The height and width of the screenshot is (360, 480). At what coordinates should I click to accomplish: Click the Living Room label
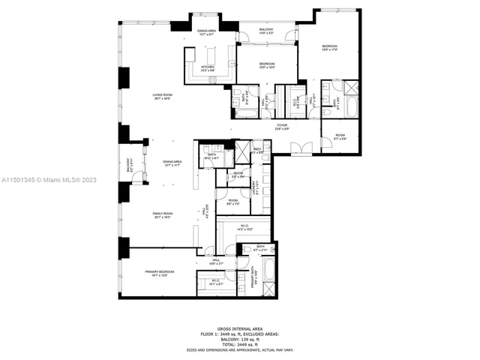tap(163, 96)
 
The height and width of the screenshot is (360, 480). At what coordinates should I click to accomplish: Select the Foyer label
tap(281, 127)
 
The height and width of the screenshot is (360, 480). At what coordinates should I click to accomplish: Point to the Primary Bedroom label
tap(160, 272)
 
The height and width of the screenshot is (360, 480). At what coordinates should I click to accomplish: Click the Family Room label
tap(163, 215)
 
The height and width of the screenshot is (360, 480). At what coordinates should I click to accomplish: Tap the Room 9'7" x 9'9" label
tap(340, 138)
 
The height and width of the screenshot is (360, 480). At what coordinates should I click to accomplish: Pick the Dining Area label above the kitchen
tap(206, 31)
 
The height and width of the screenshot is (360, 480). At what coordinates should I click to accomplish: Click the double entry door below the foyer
tap(298, 147)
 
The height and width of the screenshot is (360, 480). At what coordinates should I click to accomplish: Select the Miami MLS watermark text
tap(38, 180)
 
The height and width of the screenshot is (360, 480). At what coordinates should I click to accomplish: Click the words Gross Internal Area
tap(239, 328)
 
